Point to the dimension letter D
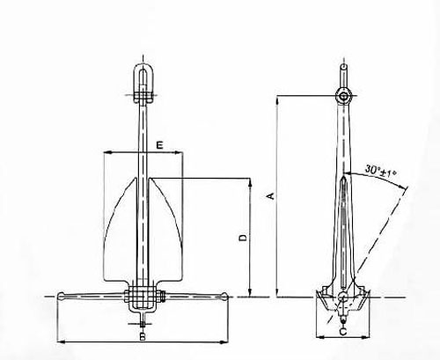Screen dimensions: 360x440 click(244, 237)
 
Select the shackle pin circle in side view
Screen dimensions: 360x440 click(343, 95)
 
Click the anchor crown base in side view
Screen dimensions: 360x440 click(342, 303)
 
